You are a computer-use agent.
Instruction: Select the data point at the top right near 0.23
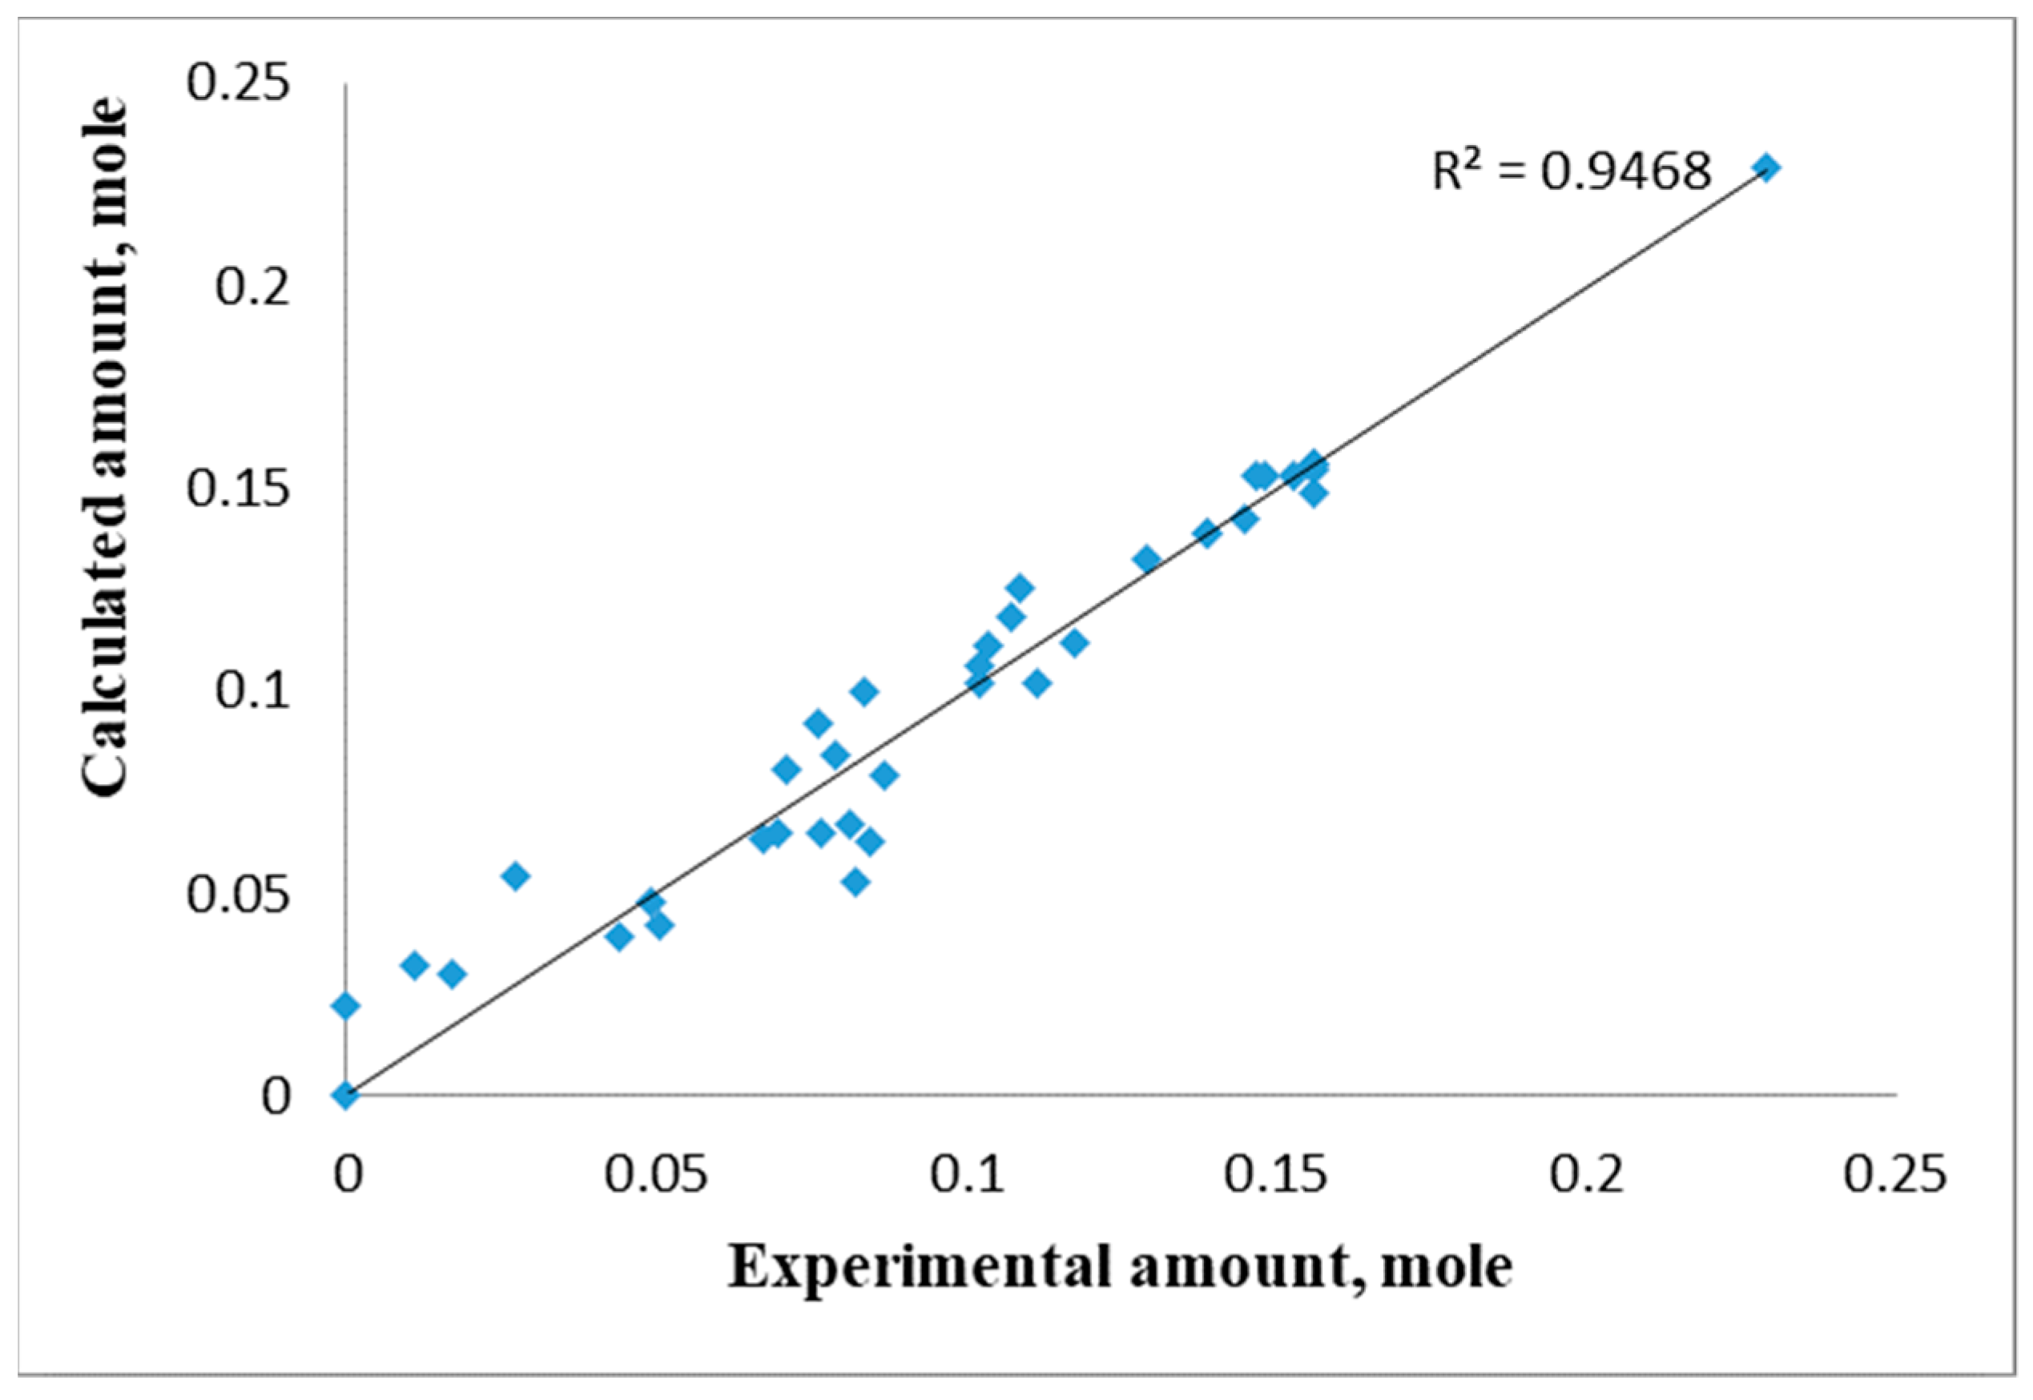point(1767,168)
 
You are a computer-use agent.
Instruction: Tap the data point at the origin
point(345,1095)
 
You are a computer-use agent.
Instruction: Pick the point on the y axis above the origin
point(345,1005)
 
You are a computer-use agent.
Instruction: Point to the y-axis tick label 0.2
point(252,287)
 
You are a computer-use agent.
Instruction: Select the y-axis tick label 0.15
point(238,489)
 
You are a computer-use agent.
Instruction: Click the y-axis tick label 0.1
point(252,691)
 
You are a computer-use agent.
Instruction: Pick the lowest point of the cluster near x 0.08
point(856,882)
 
